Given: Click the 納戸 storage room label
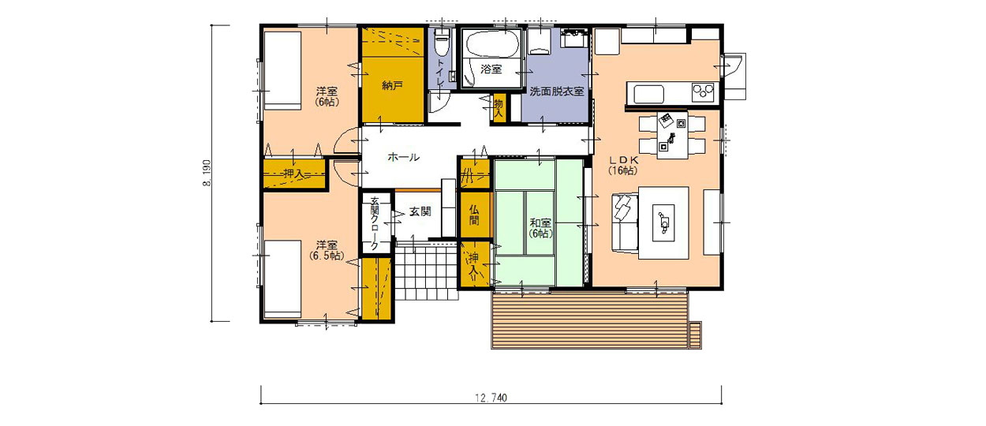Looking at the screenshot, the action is [392, 85].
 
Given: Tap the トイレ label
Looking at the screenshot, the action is [440, 73].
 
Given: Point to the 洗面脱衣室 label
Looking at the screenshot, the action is [557, 92].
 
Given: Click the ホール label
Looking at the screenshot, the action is [403, 157].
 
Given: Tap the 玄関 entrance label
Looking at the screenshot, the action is [420, 211].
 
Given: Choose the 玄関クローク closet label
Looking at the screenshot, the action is [374, 223].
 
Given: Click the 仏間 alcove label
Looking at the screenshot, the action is [474, 215].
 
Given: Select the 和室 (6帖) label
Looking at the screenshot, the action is [540, 228].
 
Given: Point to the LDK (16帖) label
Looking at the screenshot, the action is [623, 165].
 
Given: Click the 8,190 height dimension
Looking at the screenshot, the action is [207, 173].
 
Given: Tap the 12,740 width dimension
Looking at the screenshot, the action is [491, 398].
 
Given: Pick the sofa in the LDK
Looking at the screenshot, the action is [625, 222].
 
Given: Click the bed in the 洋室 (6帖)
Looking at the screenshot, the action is [282, 70].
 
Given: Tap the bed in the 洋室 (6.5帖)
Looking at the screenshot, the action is [282, 278].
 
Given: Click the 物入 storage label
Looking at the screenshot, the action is [499, 108].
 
